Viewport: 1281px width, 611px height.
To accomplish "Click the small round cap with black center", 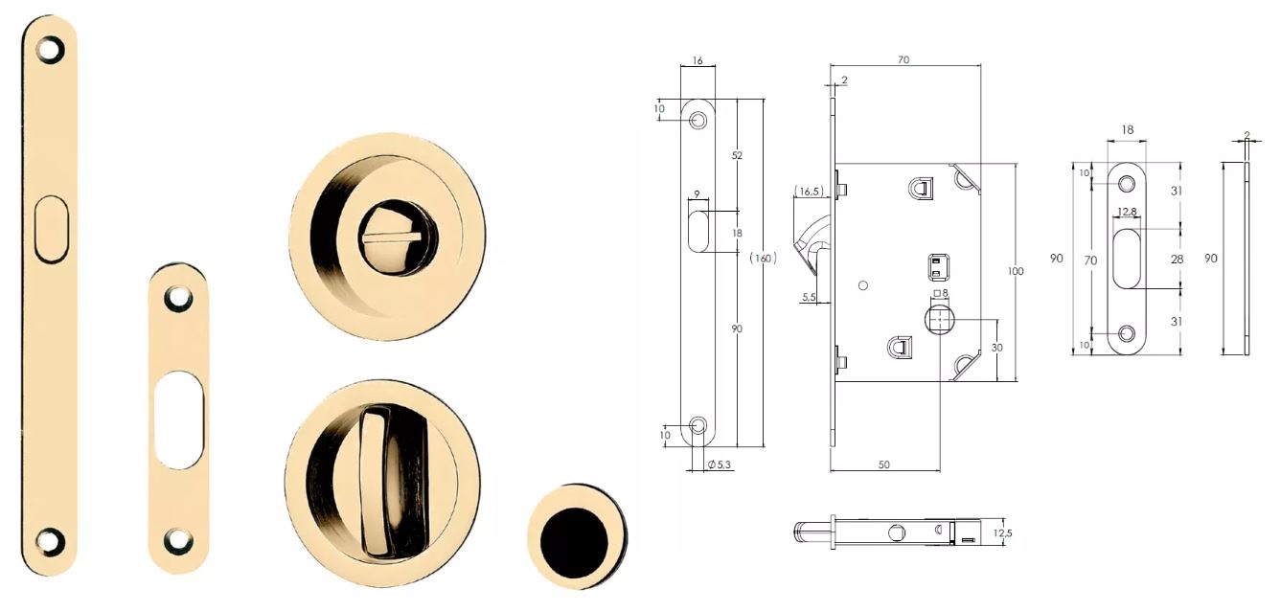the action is click(x=578, y=536).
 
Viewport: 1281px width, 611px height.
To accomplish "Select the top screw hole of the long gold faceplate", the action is click(x=50, y=49).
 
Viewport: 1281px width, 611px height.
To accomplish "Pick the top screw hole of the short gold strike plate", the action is click(x=178, y=297).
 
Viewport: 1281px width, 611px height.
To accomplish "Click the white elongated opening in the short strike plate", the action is click(x=178, y=419).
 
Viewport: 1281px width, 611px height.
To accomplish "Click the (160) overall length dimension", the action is click(x=763, y=259).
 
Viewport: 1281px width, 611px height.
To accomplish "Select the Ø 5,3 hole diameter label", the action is click(x=720, y=464).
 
